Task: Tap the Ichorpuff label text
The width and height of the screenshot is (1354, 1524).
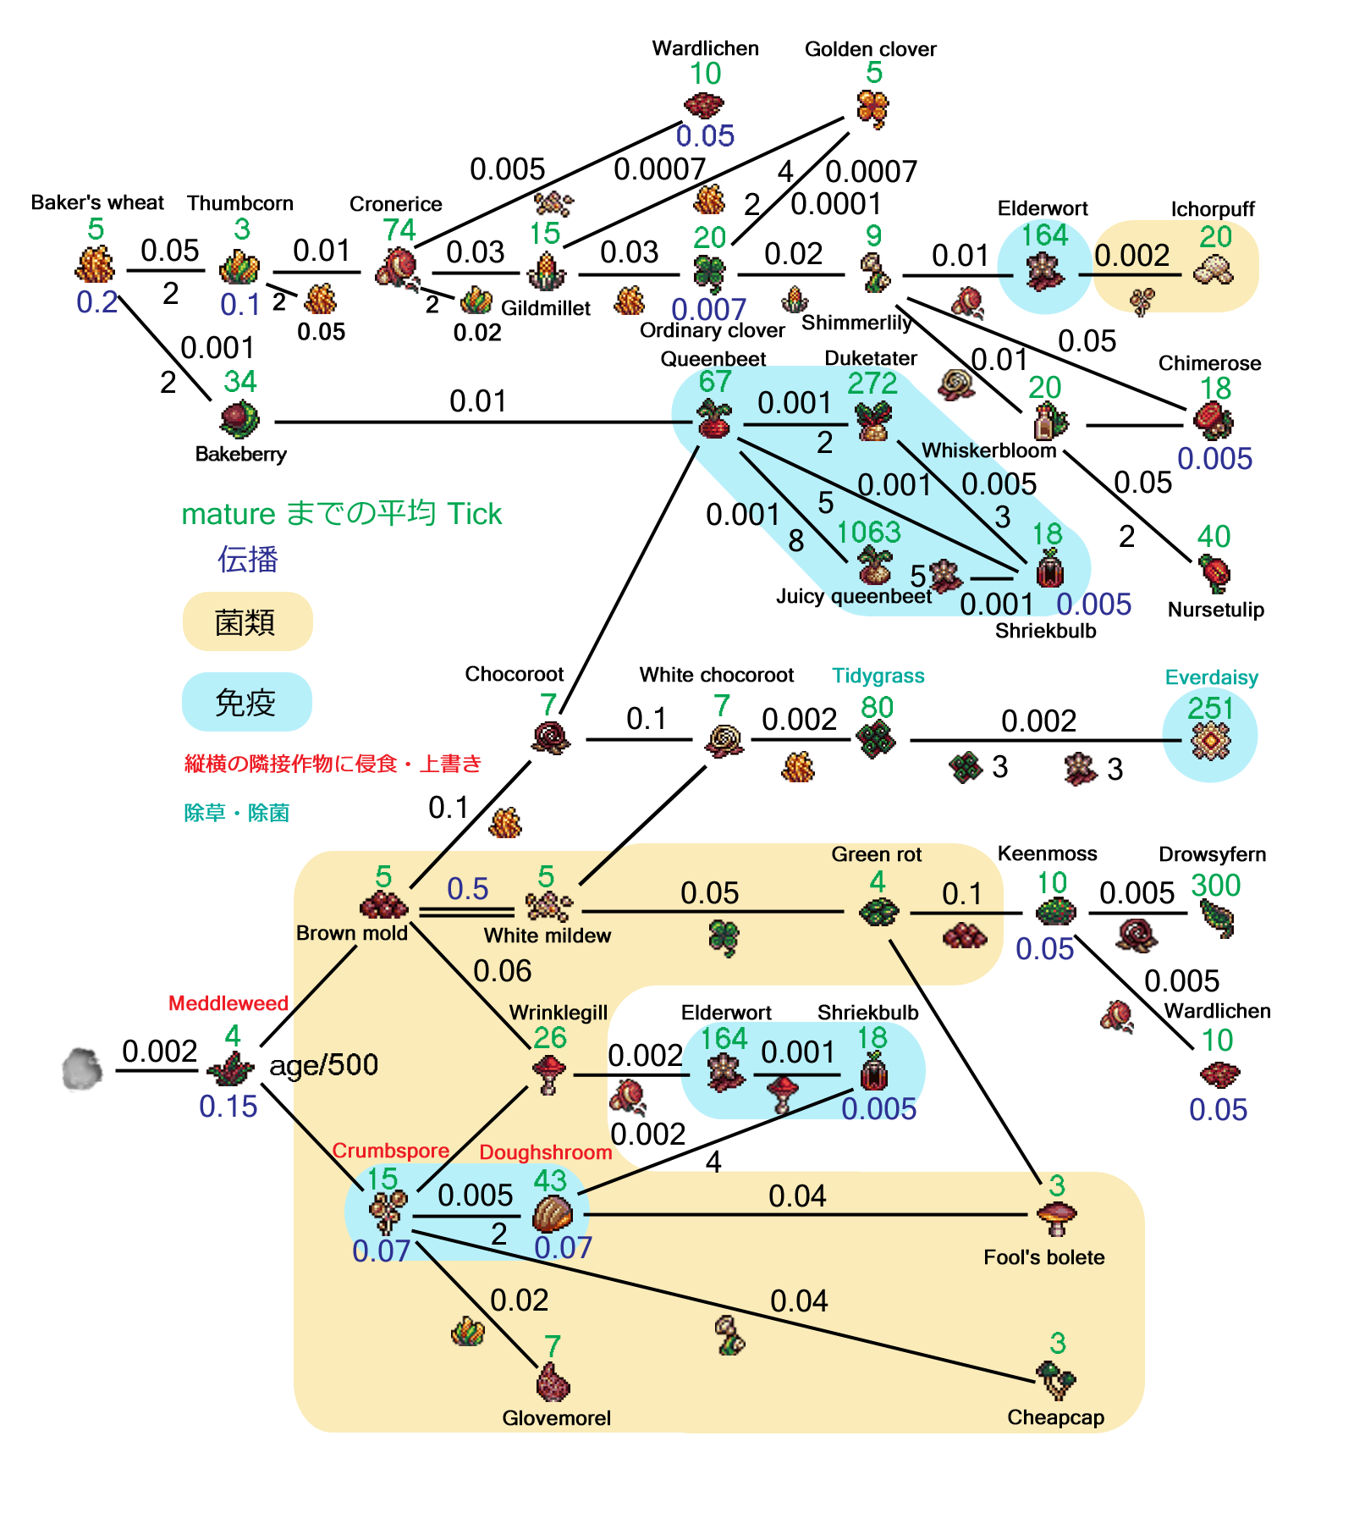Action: coord(1212,209)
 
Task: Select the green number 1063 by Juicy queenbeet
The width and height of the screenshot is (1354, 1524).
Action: coord(868,533)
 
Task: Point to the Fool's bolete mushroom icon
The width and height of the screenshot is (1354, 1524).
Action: coord(1056,1218)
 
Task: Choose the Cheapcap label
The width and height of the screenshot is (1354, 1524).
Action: coord(1055,1417)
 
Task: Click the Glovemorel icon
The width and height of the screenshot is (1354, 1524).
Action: coord(553,1383)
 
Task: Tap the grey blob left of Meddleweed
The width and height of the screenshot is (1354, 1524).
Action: coord(83,1069)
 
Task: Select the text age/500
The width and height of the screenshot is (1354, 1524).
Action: coord(323,1065)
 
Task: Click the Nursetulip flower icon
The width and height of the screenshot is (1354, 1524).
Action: coord(1214,574)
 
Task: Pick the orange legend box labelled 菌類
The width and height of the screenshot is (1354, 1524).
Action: coord(247,622)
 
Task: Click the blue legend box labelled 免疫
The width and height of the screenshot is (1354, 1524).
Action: coord(246,702)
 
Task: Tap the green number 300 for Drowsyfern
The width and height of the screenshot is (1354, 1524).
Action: coord(1215,886)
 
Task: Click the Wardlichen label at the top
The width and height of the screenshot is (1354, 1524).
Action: coord(705,48)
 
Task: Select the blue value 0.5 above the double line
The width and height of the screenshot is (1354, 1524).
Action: coord(468,889)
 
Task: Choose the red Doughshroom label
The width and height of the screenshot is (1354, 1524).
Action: coord(545,1152)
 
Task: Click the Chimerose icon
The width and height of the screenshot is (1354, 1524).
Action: coord(1213,421)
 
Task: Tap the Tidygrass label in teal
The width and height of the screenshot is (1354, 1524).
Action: coord(878,676)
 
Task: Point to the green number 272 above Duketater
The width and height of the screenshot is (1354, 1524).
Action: coord(872,384)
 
